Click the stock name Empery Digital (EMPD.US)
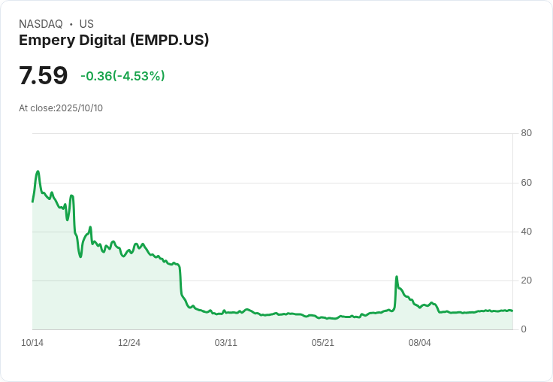(x=113, y=40)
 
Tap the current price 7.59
(x=43, y=75)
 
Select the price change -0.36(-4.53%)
(x=122, y=76)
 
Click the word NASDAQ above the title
(x=41, y=24)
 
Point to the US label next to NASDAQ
(x=86, y=24)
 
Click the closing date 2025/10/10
(x=79, y=108)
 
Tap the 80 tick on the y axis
(x=526, y=133)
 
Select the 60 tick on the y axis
(x=526, y=183)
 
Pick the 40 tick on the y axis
(x=526, y=232)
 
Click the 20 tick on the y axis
(x=526, y=280)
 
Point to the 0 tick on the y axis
(x=524, y=329)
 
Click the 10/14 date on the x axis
(x=32, y=343)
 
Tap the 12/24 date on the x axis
(x=129, y=343)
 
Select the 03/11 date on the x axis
(x=225, y=343)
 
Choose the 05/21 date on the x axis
(x=322, y=343)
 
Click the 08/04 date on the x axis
(x=419, y=343)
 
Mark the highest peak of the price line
(x=38, y=171)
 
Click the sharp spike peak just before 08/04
(x=397, y=277)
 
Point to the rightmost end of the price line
(x=512, y=311)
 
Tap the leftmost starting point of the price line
(x=32, y=202)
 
